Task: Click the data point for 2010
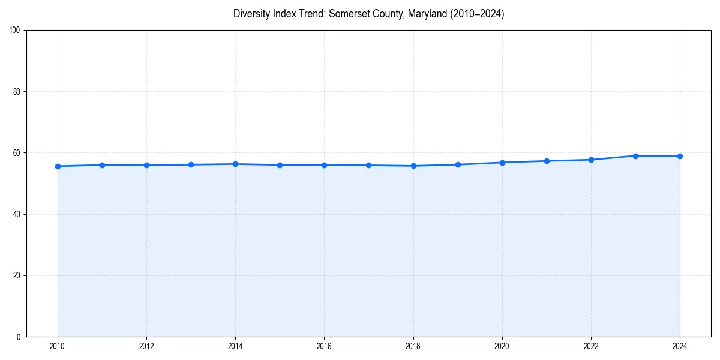click(58, 166)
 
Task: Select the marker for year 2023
click(635, 156)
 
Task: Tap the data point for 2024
click(680, 156)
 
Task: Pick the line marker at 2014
click(235, 164)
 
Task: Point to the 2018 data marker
click(413, 166)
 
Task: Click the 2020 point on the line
click(502, 163)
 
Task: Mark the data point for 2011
click(102, 165)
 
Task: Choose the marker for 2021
click(547, 161)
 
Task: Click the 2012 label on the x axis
click(146, 346)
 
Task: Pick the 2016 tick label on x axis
click(324, 346)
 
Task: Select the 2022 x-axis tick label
click(591, 346)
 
